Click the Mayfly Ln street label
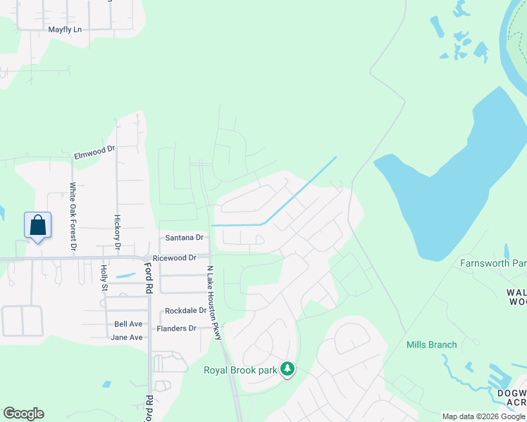tap(66, 30)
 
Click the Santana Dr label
tap(184, 238)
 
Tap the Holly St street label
tap(104, 277)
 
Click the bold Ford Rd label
tap(149, 274)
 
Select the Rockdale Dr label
tap(186, 310)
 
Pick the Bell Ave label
tap(128, 324)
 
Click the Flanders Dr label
tap(176, 328)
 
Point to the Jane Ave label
tap(127, 338)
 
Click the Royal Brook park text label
tap(240, 370)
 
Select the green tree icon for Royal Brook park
tap(287, 369)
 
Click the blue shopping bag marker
tap(38, 226)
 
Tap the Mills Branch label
tap(432, 345)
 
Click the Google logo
tap(23, 414)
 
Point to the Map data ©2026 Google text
tap(483, 416)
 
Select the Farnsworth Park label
tap(493, 264)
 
